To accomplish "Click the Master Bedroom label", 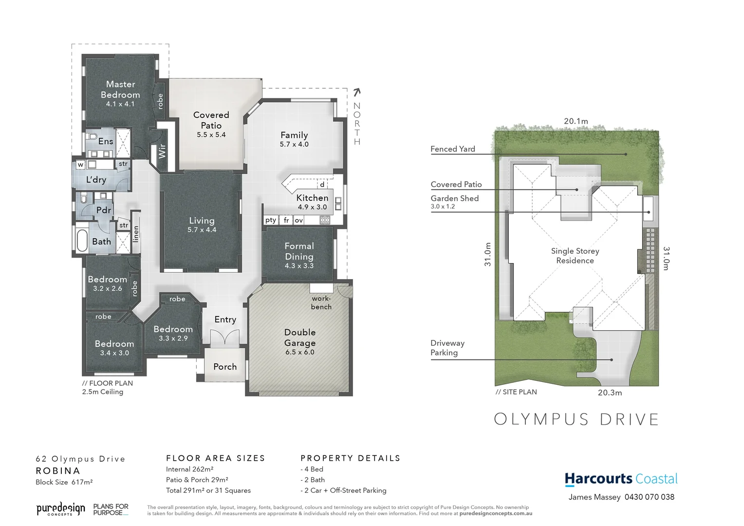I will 120,90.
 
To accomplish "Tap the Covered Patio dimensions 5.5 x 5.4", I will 211,135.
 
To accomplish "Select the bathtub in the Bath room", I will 82,241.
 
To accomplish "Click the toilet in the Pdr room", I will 83,199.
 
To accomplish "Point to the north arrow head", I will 357,91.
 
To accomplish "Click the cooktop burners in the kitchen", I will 325,220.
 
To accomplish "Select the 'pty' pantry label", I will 271,220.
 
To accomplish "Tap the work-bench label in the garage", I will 321,302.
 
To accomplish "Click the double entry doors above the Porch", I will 225,337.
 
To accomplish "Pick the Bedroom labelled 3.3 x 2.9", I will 173,333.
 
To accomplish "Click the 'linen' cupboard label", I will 136,234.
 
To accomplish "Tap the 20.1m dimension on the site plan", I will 576,121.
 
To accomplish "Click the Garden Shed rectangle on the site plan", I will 649,208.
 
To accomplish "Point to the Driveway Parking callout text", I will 447,348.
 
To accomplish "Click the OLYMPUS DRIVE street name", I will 577,419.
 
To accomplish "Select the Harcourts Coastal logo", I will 621,479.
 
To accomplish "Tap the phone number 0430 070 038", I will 650,497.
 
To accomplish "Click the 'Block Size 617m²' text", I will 64,482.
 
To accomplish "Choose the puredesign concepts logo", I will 61,509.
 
